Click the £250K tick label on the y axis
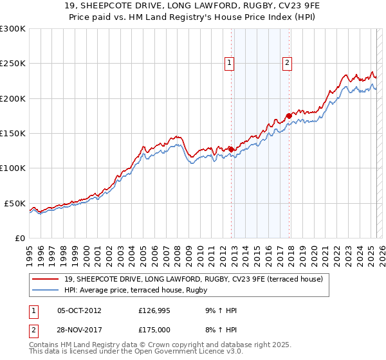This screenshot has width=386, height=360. coord(13,64)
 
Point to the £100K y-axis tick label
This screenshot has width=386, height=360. coord(13,168)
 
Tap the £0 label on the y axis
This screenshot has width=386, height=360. coord(19,238)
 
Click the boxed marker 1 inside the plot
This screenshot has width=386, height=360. coord(230,62)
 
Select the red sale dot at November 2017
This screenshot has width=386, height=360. coord(289,116)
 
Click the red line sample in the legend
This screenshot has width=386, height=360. coord(46,278)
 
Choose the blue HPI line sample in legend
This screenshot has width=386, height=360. coord(46,290)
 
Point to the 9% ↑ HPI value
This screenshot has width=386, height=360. coord(220,310)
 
